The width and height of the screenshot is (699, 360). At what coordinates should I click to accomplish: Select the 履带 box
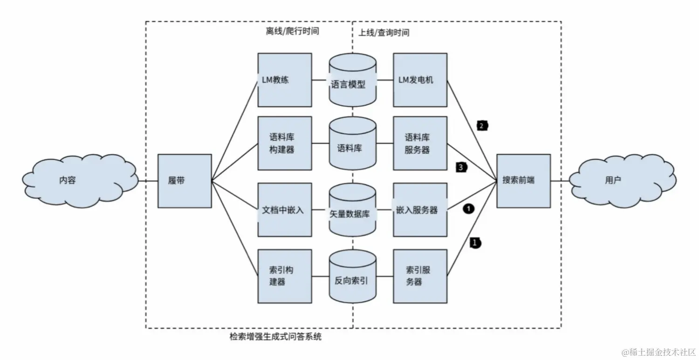point(185,181)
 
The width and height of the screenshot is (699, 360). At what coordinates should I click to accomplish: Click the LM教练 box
point(284,80)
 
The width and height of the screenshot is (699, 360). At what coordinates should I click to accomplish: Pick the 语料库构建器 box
point(284,143)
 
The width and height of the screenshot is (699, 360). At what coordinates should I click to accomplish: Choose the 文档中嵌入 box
point(284,210)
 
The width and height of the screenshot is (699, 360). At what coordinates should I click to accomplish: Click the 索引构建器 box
point(284,276)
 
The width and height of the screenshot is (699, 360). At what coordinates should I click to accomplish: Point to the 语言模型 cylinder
point(352,80)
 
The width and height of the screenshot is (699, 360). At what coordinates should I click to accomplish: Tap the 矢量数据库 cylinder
point(352,210)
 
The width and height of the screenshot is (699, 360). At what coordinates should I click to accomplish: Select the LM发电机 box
point(420,80)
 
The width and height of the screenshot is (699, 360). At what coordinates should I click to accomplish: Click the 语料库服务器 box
point(420,143)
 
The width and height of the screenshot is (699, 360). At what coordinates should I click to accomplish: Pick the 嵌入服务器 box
point(420,210)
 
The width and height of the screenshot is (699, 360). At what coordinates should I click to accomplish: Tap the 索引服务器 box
point(420,276)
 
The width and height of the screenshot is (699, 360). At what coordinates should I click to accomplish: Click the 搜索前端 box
point(523,181)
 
